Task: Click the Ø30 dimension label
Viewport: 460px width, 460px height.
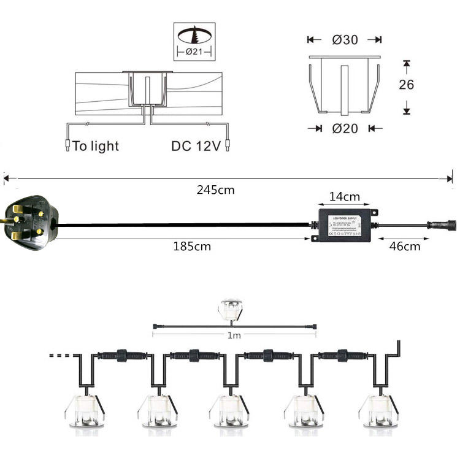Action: pyautogui.click(x=345, y=40)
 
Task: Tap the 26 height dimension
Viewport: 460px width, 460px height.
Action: pyautogui.click(x=406, y=85)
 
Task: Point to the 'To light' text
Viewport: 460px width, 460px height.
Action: pyautogui.click(x=96, y=146)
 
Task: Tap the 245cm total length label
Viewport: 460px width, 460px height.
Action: pyautogui.click(x=215, y=190)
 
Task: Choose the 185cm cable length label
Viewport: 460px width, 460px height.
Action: pyautogui.click(x=191, y=247)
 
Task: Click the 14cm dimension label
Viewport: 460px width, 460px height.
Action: pyautogui.click(x=343, y=197)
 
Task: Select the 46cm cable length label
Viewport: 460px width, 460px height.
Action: pyautogui.click(x=405, y=247)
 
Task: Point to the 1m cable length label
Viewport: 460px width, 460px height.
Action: pyautogui.click(x=234, y=336)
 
